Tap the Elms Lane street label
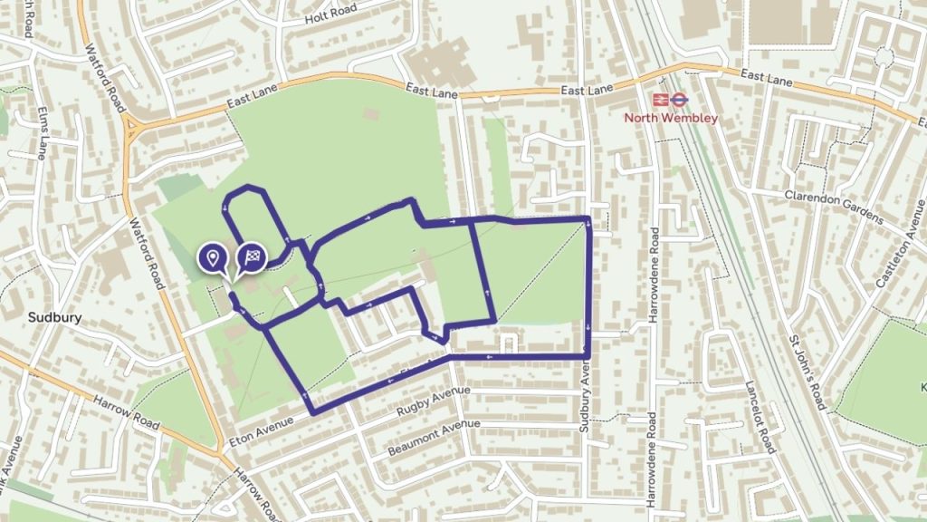(x=43, y=133)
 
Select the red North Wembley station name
(x=671, y=118)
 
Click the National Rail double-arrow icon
(x=661, y=100)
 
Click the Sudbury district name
(x=55, y=318)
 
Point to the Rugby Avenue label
(x=435, y=403)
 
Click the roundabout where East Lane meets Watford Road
(x=132, y=130)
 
